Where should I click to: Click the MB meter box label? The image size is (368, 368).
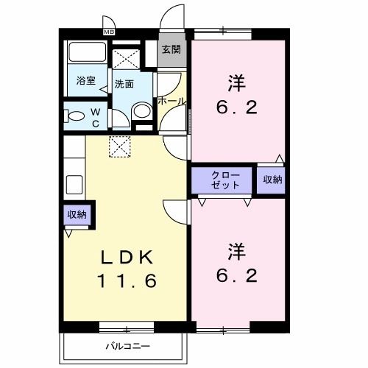pyautogui.click(x=109, y=32)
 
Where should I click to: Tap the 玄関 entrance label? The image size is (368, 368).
pyautogui.click(x=171, y=49)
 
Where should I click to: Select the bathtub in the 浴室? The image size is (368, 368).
pyautogui.click(x=87, y=52)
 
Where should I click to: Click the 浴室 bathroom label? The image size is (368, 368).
pyautogui.click(x=85, y=81)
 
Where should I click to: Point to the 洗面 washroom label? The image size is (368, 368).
pyautogui.click(x=124, y=84)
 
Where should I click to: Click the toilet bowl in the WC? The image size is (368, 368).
pyautogui.click(x=74, y=116)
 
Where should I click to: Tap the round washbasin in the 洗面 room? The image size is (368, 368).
pyautogui.click(x=142, y=111)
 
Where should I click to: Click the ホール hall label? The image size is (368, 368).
pyautogui.click(x=171, y=101)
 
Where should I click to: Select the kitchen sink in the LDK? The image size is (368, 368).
pyautogui.click(x=74, y=185)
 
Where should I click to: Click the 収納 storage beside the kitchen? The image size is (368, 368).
pyautogui.click(x=77, y=215)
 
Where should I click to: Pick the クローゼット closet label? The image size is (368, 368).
pyautogui.click(x=225, y=180)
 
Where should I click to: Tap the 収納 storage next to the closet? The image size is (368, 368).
pyautogui.click(x=272, y=180)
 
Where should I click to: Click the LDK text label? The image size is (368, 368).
pyautogui.click(x=127, y=257)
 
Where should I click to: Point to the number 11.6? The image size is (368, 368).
pyautogui.click(x=127, y=280)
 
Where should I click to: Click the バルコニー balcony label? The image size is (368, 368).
pyautogui.click(x=127, y=346)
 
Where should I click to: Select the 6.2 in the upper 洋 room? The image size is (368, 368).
pyautogui.click(x=237, y=107)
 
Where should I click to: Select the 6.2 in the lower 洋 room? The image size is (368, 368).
pyautogui.click(x=237, y=275)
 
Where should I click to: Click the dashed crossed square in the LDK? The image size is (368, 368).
pyautogui.click(x=119, y=146)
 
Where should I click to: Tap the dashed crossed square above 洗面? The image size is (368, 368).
pyautogui.click(x=126, y=59)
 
